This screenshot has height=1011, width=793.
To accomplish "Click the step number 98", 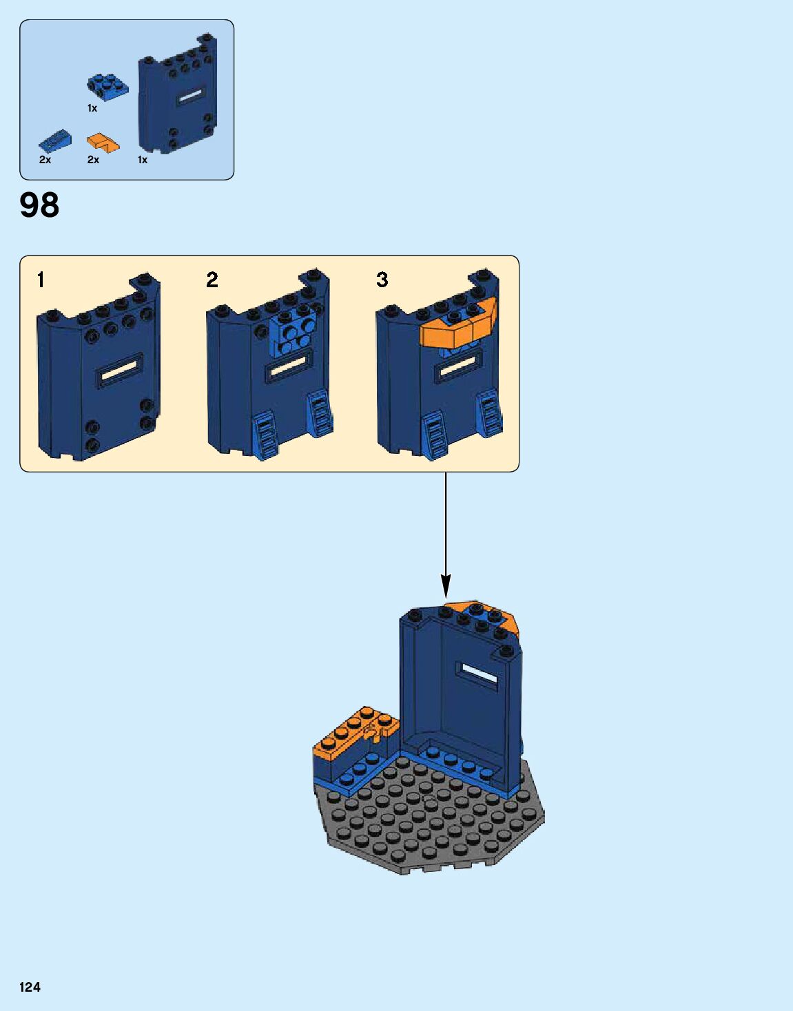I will click(x=39, y=205).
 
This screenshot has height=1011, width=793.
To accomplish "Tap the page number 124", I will click(x=30, y=987).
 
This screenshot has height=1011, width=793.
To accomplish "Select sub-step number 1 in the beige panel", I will click(x=41, y=280).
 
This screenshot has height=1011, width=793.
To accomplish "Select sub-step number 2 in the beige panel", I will click(x=212, y=280).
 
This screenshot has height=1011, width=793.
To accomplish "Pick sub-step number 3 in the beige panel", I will click(x=382, y=280).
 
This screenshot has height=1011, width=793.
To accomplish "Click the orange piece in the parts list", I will click(x=103, y=143).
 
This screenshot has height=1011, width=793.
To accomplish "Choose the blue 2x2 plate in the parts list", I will click(x=107, y=85).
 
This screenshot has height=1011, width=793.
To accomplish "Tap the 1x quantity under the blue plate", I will click(x=92, y=108).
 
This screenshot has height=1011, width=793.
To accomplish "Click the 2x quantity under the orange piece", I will click(x=93, y=160).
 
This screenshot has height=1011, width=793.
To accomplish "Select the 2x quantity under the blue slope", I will click(x=45, y=160).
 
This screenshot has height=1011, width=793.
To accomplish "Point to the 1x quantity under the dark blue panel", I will click(x=143, y=160).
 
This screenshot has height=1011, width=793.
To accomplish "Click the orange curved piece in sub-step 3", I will click(x=457, y=326).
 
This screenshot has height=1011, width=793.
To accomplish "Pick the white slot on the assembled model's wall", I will click(x=480, y=674).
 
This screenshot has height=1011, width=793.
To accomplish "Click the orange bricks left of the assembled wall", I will click(x=355, y=734).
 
